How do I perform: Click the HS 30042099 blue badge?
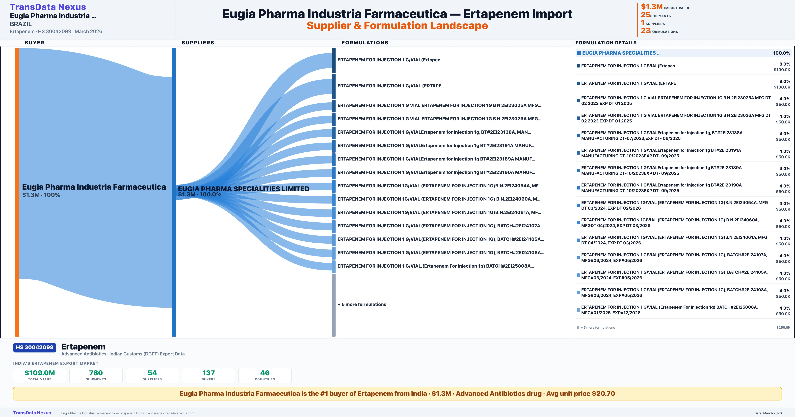pos(35,347)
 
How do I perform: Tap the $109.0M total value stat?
pos(40,375)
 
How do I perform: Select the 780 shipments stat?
pos(96,375)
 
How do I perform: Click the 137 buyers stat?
pos(209,375)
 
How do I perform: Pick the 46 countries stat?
pos(265,375)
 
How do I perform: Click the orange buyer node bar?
pos(17,192)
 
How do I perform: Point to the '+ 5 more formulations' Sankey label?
pos(362,304)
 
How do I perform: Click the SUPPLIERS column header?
pos(198,43)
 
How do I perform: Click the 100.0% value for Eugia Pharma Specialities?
pos(781,53)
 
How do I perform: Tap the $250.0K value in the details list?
pos(783,327)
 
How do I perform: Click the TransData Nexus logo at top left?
pos(48,7)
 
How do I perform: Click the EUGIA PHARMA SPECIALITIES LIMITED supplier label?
pos(243,189)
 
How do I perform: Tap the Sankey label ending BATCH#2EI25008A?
pos(435,266)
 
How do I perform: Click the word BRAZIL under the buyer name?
pos(21,24)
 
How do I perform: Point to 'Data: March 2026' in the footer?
pos(768,413)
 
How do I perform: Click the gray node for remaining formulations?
pos(334,305)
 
